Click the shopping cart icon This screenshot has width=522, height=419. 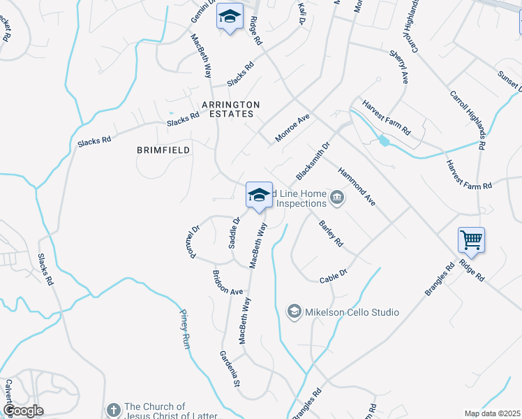click(472, 241)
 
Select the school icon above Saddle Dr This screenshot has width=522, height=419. click(258, 196)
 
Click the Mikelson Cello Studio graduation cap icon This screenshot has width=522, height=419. click(294, 311)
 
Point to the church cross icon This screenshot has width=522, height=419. click(114, 409)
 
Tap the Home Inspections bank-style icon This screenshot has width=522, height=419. click(337, 198)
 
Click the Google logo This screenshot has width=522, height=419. click(24, 411)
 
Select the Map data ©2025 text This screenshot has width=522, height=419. click(493, 413)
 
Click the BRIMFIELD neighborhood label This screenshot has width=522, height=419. click(162, 149)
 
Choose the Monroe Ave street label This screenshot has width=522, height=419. click(292, 129)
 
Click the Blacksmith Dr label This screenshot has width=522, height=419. click(312, 160)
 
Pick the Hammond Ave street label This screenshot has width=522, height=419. click(357, 186)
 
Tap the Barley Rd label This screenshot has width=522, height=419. click(331, 233)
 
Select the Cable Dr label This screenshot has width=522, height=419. click(334, 272)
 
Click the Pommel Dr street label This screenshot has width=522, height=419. click(195, 239)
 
